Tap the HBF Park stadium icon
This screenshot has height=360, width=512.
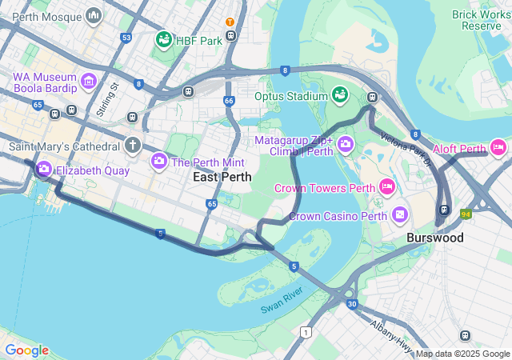pyautogui.click(x=163, y=40)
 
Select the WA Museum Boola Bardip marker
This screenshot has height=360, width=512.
pyautogui.click(x=88, y=81)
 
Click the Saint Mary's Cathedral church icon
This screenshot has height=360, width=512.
pyautogui.click(x=133, y=146)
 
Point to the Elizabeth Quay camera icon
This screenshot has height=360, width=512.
pyautogui.click(x=43, y=170)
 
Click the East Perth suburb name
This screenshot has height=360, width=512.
pyautogui.click(x=222, y=177)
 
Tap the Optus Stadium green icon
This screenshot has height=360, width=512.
pyautogui.click(x=340, y=96)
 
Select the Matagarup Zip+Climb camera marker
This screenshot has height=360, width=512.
pyautogui.click(x=346, y=145)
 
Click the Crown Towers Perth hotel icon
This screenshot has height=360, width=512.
pyautogui.click(x=387, y=188)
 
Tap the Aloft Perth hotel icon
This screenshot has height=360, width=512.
pyautogui.click(x=498, y=147)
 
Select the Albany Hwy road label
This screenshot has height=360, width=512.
pyautogui.click(x=390, y=335)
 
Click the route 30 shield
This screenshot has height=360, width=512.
pyautogui.click(x=352, y=304)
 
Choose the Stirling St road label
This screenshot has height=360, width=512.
pyautogui.click(x=107, y=98)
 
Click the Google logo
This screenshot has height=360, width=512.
pyautogui.click(x=26, y=350)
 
